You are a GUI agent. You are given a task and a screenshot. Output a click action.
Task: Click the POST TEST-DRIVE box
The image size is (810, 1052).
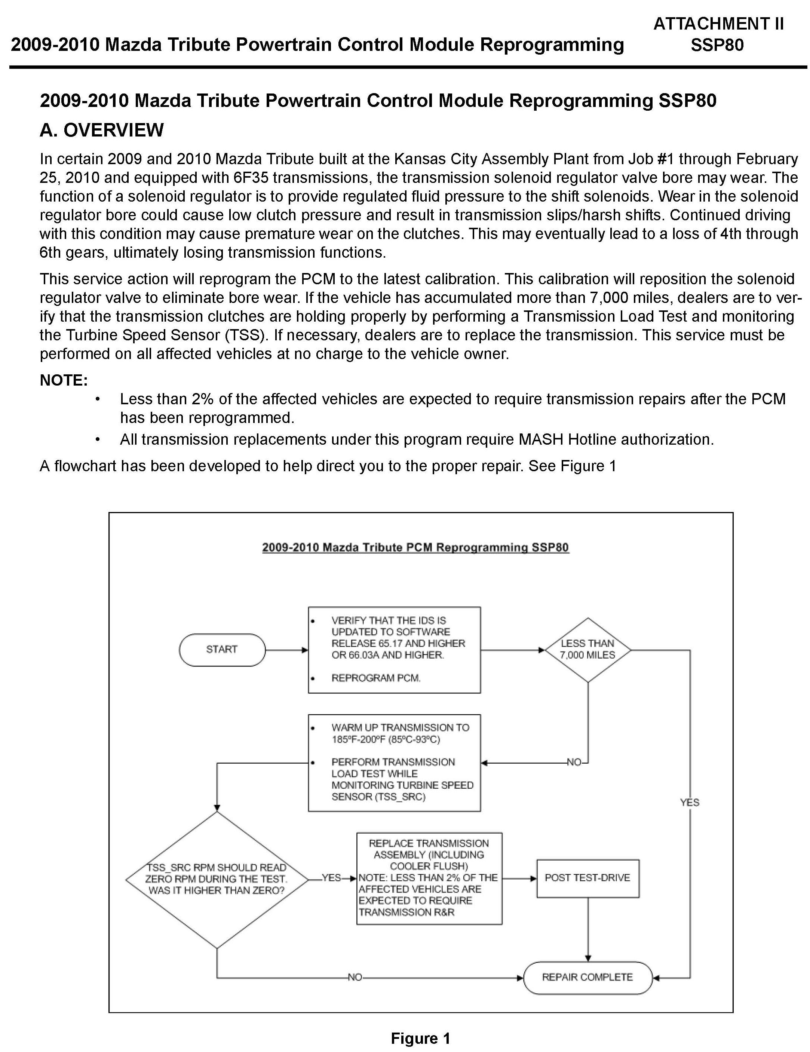click(x=587, y=878)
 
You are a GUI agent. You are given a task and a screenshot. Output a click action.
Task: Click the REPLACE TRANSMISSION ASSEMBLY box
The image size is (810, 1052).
click(x=429, y=878)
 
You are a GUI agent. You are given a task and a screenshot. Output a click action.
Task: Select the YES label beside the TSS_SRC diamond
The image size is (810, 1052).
click(x=331, y=878)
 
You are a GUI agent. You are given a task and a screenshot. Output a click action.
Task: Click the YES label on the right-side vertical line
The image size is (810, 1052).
click(x=690, y=803)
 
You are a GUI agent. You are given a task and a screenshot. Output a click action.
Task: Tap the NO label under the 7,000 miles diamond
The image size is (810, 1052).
click(x=574, y=763)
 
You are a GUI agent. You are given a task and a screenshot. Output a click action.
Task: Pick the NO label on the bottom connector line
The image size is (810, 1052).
click(x=355, y=977)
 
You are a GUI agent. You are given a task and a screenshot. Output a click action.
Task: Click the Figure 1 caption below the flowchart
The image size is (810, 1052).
click(x=420, y=1039)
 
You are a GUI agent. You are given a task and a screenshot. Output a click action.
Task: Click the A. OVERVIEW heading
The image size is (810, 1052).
click(x=102, y=130)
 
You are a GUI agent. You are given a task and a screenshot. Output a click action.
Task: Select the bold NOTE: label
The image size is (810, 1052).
click(x=64, y=381)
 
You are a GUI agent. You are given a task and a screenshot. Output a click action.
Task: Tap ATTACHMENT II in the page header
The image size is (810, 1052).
click(x=718, y=24)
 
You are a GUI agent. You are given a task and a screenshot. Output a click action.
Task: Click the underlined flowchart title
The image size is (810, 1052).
click(x=415, y=548)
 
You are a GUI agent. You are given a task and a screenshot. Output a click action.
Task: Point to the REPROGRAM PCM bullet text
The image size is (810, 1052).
click(x=375, y=678)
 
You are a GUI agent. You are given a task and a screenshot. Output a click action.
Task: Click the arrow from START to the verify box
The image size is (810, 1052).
click(x=286, y=650)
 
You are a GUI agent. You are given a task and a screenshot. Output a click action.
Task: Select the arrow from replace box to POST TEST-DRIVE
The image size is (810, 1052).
click(x=519, y=878)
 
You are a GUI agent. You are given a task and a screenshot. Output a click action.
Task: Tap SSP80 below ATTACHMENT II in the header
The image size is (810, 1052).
click(x=717, y=45)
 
